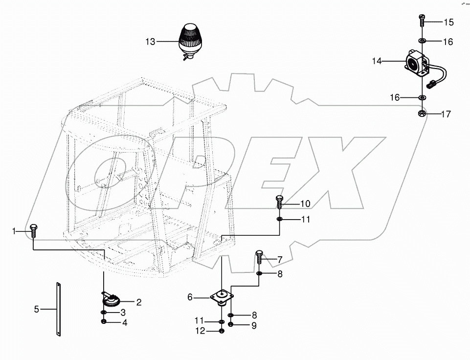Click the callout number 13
coord(150,42)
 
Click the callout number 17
coord(446,114)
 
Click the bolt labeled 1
coord(33,230)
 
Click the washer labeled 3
coord(104,313)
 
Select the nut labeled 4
coord(104,322)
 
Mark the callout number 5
coord(36,309)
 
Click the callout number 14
coord(377,61)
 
